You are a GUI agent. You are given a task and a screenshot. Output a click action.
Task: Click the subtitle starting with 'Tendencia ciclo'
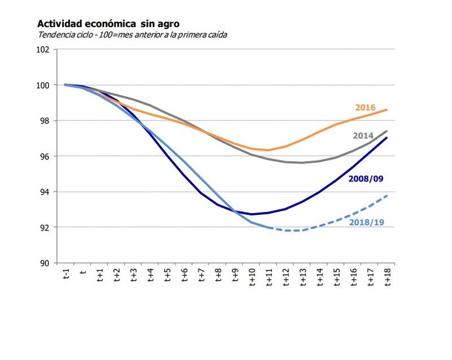click(x=132, y=34)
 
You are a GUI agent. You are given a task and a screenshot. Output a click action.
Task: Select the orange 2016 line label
click(x=366, y=107)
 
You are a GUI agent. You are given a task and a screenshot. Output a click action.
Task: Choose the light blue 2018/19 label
click(x=367, y=222)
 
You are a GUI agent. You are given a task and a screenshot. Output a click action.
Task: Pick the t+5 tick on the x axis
click(x=168, y=276)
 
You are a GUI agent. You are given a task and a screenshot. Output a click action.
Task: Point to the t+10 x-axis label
click(x=253, y=278)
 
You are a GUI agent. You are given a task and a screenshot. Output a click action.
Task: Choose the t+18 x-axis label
click(x=388, y=278)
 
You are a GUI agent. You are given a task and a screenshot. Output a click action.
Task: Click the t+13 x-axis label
click(x=303, y=278)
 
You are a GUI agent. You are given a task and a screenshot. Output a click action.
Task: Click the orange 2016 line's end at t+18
click(x=387, y=110)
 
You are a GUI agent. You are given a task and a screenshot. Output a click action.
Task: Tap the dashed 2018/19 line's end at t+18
click(x=387, y=196)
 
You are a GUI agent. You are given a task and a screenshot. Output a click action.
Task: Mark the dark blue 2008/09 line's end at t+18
click(x=387, y=137)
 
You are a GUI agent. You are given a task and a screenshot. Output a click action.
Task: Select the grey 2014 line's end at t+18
click(x=387, y=131)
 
